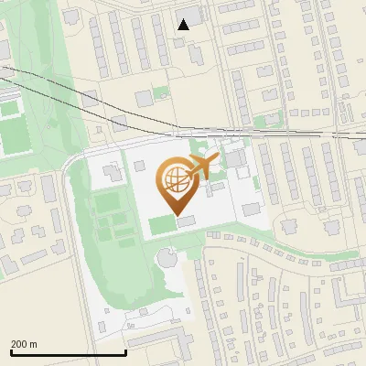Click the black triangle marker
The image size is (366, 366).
pos(184,25)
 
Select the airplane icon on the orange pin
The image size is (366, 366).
pos(202,167)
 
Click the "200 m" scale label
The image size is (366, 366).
pos(24,344)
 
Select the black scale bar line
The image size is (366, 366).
pos(68,352)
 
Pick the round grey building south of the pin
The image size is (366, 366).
pos(167,257)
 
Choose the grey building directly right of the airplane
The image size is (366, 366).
pos(234,159)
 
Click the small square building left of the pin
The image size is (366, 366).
pos(139,166)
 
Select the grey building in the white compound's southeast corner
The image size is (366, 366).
pos(250,209)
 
